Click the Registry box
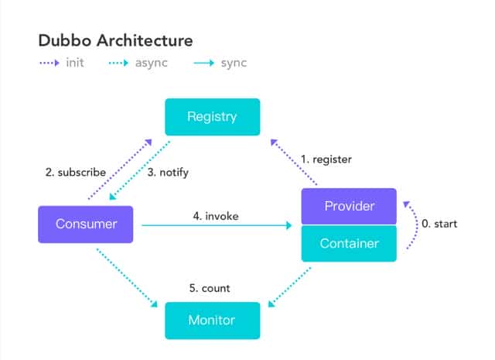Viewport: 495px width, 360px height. pyautogui.click(x=213, y=117)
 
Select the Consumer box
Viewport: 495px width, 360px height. pyautogui.click(x=86, y=225)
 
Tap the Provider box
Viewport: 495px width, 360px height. pyautogui.click(x=349, y=206)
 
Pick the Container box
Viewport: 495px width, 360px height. pyautogui.click(x=349, y=243)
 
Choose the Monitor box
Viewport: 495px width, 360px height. pyautogui.click(x=213, y=321)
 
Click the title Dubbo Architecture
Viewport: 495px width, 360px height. pyautogui.click(x=115, y=41)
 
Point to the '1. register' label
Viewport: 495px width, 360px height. pyautogui.click(x=326, y=159)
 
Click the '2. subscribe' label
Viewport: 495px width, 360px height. pyautogui.click(x=76, y=172)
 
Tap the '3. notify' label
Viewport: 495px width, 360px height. pyautogui.click(x=168, y=173)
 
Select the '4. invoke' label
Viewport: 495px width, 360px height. pyautogui.click(x=216, y=216)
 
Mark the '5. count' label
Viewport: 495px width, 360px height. pyautogui.click(x=210, y=288)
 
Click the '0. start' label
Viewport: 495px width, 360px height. pyautogui.click(x=439, y=224)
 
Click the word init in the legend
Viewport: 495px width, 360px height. pyautogui.click(x=75, y=63)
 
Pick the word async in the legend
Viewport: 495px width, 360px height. pyautogui.click(x=152, y=63)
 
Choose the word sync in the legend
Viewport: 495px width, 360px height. pyautogui.click(x=234, y=63)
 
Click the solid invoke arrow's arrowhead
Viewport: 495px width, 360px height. pyautogui.click(x=288, y=225)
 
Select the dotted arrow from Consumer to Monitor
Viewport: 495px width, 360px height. pyautogui.click(x=127, y=278)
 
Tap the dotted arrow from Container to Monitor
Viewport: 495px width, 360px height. pyautogui.click(x=289, y=287)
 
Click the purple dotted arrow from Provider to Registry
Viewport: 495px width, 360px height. pyautogui.click(x=294, y=162)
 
